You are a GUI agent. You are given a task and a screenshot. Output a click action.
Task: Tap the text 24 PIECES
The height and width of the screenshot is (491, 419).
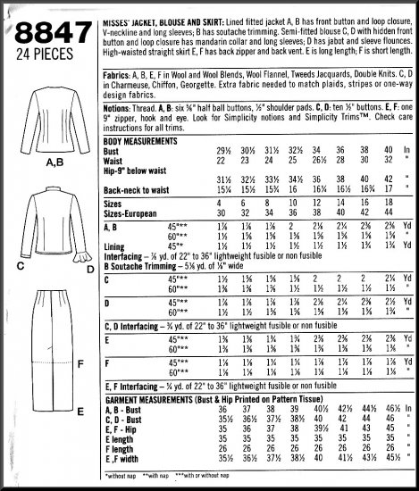[x=43, y=60]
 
